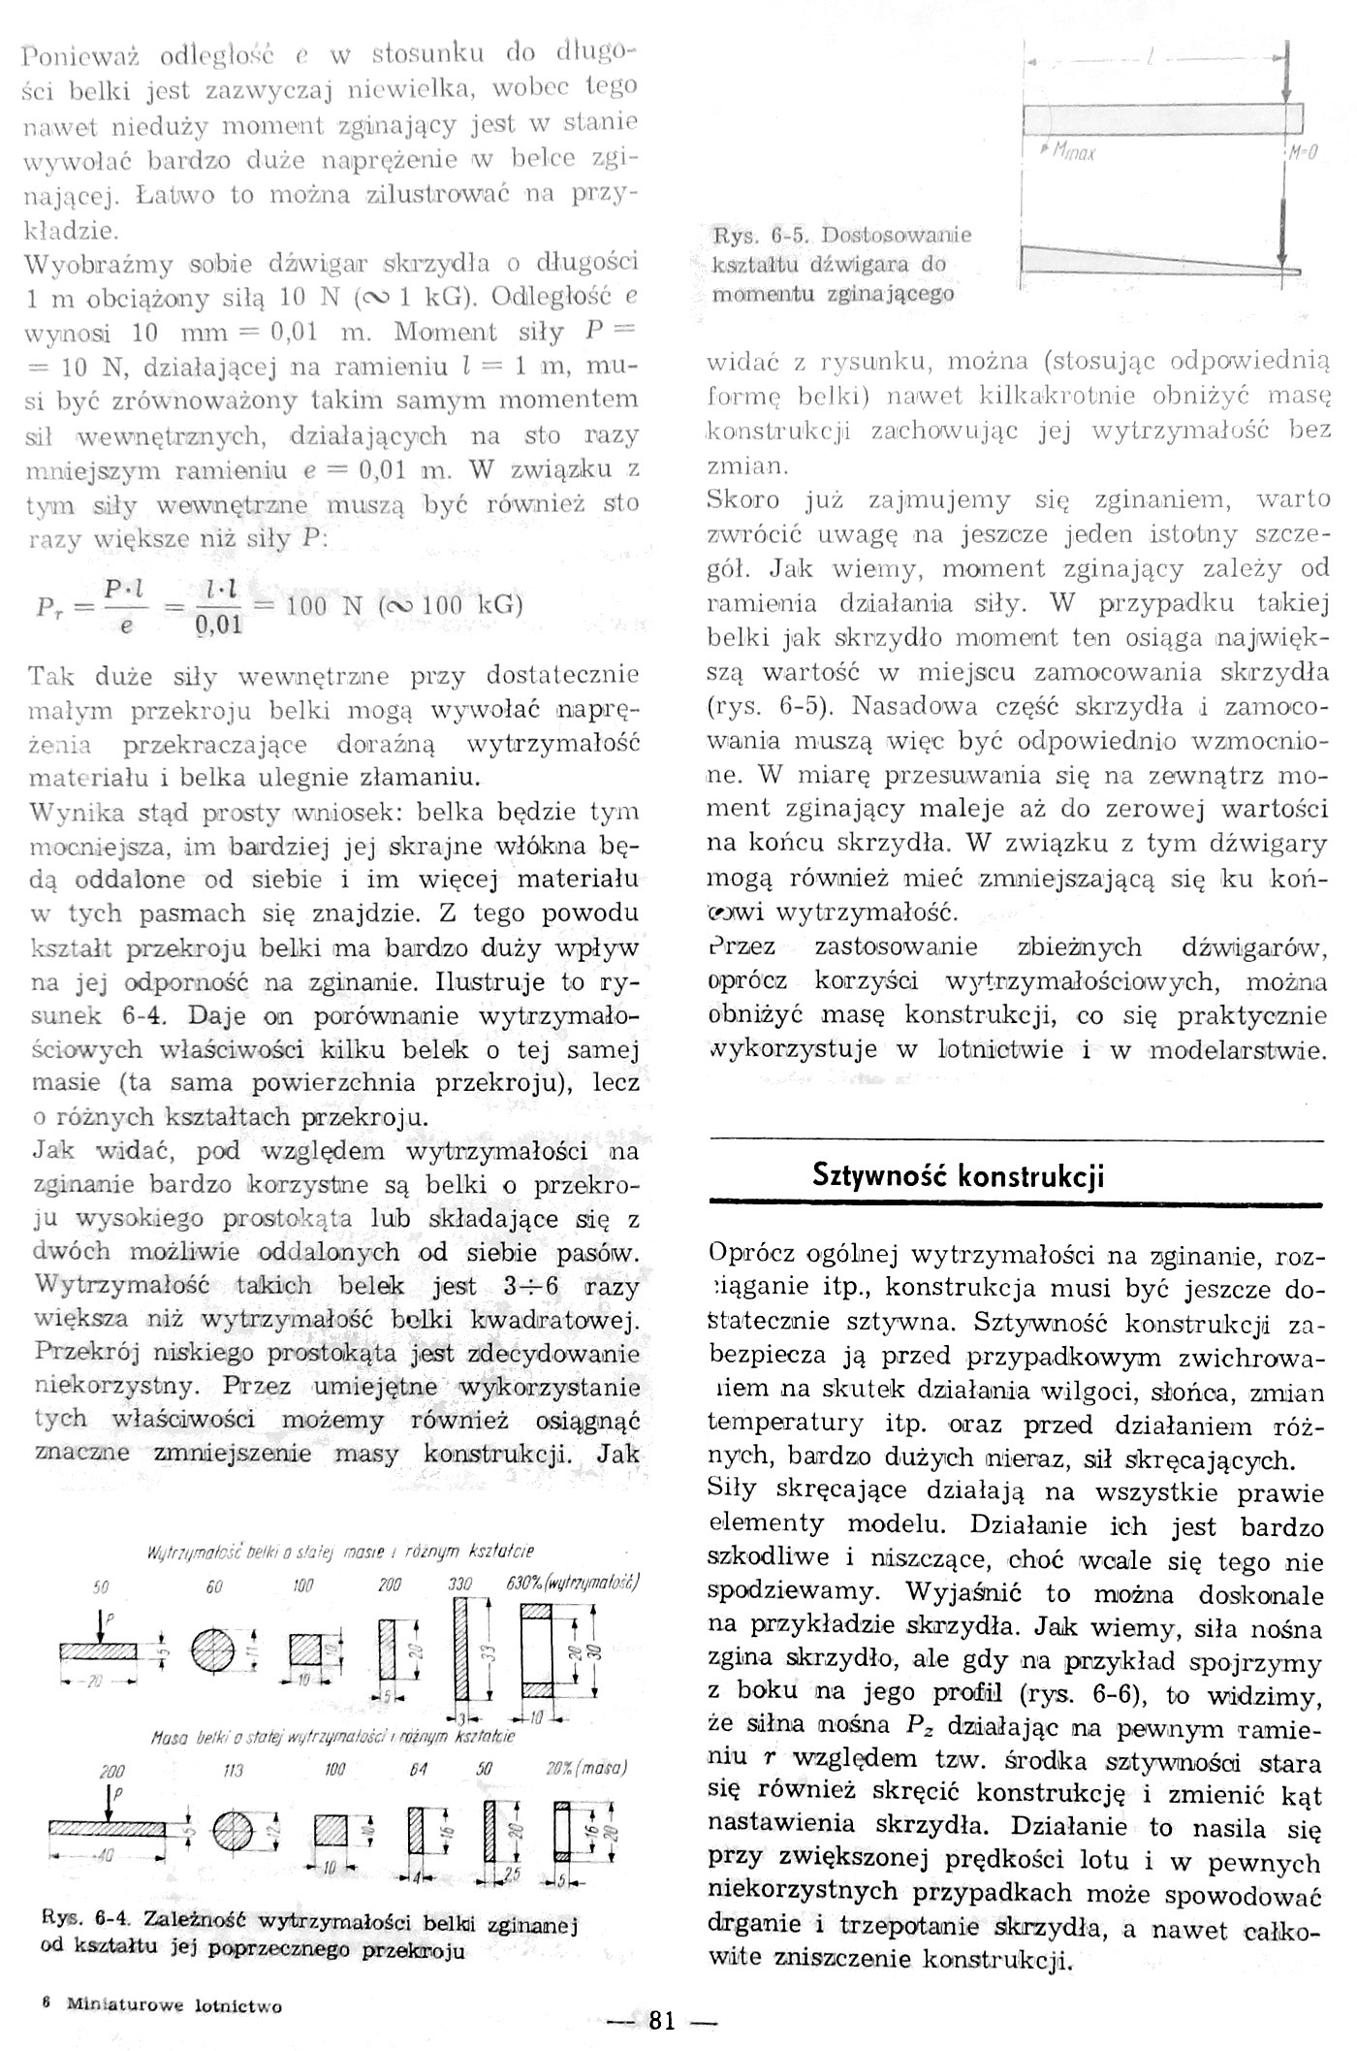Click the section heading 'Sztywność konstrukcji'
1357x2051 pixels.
(x=959, y=1176)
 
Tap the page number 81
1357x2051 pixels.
(x=662, y=2021)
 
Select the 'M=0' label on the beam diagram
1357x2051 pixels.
(x=1301, y=152)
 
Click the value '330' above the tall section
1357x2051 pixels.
(x=459, y=1585)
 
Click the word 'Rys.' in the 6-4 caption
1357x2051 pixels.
(x=61, y=1917)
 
